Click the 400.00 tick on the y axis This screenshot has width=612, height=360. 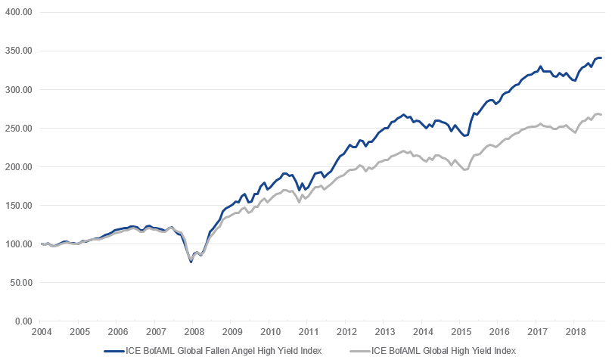coord(19,13)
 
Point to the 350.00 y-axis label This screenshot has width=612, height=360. coord(19,51)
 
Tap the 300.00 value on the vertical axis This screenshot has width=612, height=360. coord(19,90)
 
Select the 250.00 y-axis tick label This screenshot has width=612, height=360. coord(19,129)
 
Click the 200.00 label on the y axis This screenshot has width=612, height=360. coord(19,167)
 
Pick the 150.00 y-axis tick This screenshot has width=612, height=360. coord(19,206)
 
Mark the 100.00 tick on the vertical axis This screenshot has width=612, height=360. coord(19,244)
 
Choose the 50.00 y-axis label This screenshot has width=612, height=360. coord(21,283)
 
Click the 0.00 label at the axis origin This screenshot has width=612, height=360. coord(23,321)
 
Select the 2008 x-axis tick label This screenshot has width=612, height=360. coord(193,332)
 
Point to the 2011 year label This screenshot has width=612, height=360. coord(307,332)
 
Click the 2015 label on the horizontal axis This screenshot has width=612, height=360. coord(459,332)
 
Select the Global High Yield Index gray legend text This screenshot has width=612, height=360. coord(443,351)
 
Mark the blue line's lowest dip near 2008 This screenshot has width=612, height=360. coord(191,262)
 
